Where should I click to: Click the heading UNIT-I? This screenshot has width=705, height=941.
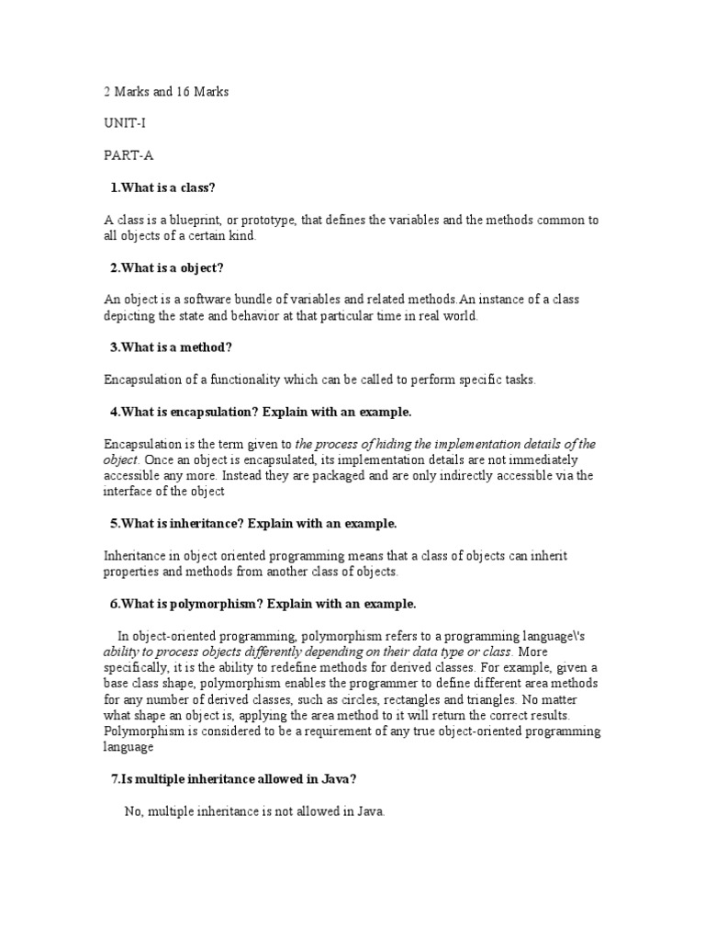pos(121,121)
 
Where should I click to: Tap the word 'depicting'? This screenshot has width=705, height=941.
pos(129,316)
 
